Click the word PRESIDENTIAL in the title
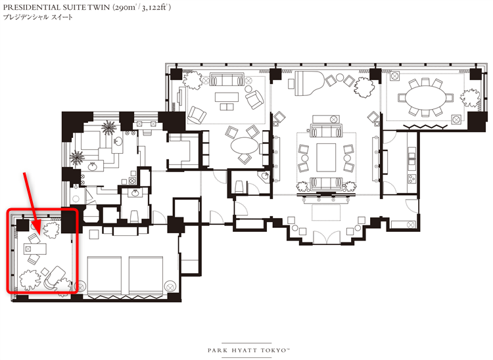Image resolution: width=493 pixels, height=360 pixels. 32,7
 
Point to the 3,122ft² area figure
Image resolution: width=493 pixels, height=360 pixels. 156,7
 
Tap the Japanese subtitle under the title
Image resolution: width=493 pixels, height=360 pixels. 37,17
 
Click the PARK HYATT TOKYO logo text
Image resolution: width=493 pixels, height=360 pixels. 248,350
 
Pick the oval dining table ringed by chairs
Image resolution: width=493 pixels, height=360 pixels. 426,98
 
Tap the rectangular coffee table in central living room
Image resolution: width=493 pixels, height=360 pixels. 326,158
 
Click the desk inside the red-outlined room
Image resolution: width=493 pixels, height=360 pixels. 35,249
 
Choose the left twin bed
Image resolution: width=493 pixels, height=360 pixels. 105,275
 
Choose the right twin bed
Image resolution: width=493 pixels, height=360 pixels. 146,275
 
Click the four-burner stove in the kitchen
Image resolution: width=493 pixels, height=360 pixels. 412,179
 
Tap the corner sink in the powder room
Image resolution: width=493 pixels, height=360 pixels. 265,175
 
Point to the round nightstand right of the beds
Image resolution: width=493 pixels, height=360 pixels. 170,286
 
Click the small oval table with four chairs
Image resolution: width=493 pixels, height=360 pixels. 245,145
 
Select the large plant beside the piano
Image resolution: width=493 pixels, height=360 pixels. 364,87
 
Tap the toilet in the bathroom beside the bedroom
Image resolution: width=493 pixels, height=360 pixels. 135,216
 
